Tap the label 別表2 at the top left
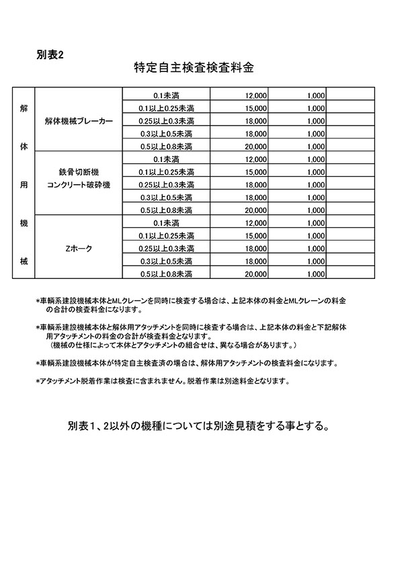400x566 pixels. click(x=50, y=54)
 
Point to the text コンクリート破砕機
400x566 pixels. click(x=79, y=184)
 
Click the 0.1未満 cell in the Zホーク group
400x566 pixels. click(x=166, y=223)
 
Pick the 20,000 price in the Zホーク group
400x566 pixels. click(x=256, y=274)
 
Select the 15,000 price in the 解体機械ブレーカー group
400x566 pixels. click(x=256, y=108)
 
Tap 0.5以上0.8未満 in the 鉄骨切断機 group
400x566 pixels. click(x=166, y=210)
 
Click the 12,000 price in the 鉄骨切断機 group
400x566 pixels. click(x=256, y=159)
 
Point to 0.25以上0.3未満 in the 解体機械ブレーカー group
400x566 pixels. click(x=166, y=121)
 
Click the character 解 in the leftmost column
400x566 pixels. click(x=24, y=108)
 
